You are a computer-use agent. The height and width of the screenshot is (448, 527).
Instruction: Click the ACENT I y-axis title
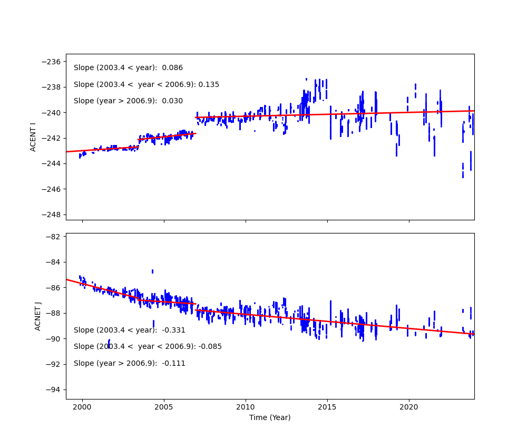[33, 137]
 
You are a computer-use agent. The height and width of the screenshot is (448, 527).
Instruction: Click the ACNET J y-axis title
[38, 316]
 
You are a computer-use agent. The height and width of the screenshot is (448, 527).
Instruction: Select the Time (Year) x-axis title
[270, 417]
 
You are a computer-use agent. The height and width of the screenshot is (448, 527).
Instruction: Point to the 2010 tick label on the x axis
[246, 407]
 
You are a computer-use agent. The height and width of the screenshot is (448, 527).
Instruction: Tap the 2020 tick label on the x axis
[409, 407]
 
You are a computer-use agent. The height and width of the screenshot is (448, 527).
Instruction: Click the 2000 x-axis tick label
[82, 407]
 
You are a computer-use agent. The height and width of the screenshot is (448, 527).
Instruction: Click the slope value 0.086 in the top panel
[172, 68]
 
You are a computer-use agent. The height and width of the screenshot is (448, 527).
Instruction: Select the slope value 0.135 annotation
[209, 84]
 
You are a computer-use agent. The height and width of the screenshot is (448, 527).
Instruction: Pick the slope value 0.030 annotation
[172, 101]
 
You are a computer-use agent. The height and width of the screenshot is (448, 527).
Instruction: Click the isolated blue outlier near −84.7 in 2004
[152, 271]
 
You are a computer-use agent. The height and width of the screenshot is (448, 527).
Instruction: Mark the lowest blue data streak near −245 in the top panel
[463, 174]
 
